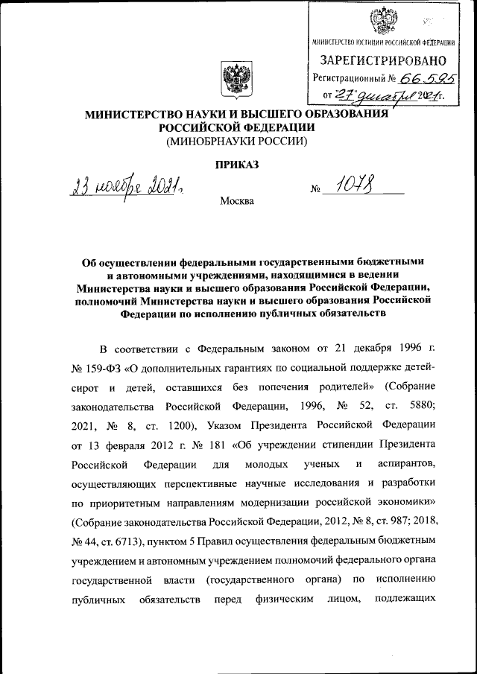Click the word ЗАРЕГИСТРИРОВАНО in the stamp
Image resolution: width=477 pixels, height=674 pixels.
coord(383,60)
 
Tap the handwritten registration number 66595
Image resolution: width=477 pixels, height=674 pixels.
coord(428,77)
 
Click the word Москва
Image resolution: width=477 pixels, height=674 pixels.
coord(237,202)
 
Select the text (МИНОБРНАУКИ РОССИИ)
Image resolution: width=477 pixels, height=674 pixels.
coord(236,141)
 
